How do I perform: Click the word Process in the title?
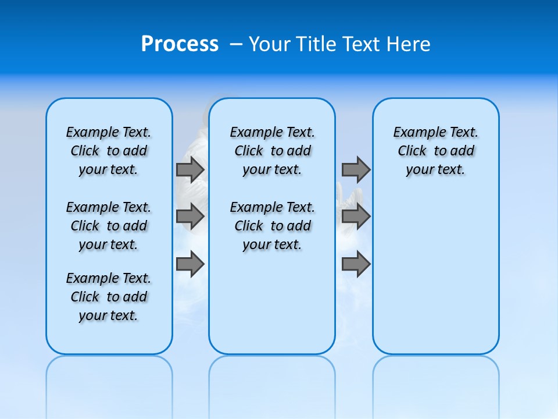click(x=180, y=44)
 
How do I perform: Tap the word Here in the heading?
click(x=409, y=44)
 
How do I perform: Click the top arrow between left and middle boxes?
click(x=190, y=169)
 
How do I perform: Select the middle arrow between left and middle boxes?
click(x=190, y=216)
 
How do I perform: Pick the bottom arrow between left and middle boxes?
click(x=190, y=264)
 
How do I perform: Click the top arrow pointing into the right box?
click(x=356, y=169)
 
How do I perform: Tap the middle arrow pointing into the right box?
click(x=356, y=216)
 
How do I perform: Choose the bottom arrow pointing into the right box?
click(x=356, y=264)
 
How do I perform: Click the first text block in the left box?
click(x=109, y=151)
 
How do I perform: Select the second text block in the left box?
click(x=109, y=226)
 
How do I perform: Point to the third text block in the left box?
click(x=109, y=297)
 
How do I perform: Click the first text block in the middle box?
click(x=272, y=151)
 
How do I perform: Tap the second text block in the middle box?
click(x=272, y=226)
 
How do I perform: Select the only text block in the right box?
click(x=436, y=151)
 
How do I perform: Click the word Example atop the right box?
click(x=414, y=133)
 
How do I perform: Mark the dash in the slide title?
click(x=236, y=44)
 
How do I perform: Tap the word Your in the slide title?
click(x=270, y=44)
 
